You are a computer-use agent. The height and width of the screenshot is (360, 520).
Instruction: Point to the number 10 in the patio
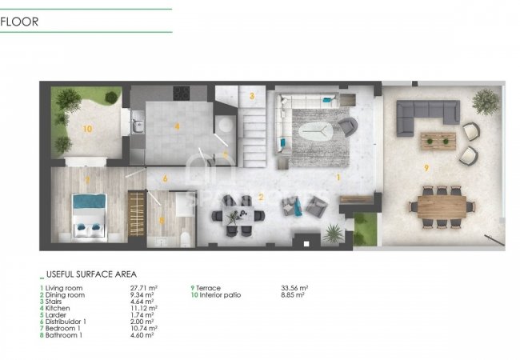87,127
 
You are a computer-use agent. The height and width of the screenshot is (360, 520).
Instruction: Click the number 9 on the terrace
427,167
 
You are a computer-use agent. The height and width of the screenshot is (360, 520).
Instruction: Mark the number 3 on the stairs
252,97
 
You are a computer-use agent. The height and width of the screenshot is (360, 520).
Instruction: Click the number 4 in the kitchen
177,126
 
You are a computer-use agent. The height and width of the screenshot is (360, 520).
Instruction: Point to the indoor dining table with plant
238,214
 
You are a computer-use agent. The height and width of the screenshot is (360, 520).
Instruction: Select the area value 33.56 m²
295,287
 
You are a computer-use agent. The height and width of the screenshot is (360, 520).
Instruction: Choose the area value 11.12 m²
144,307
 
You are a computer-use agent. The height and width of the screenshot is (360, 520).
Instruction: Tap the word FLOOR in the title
19,22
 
